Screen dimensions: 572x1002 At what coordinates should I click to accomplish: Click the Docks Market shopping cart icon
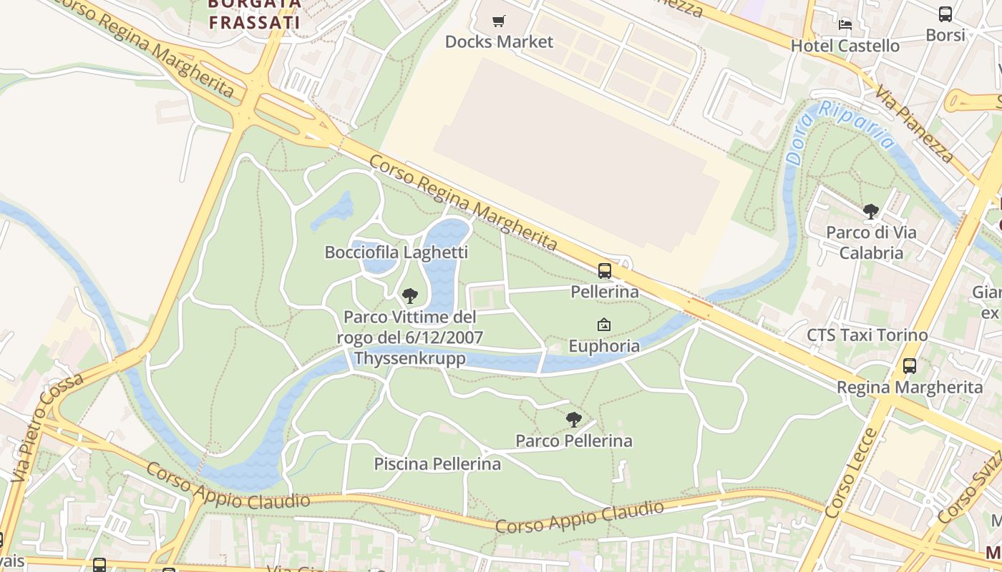(499, 21)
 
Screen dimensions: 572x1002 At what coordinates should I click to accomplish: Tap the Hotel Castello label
(845, 46)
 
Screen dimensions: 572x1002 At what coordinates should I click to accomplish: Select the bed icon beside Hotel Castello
(845, 24)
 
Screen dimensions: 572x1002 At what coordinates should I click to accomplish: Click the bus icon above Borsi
(945, 14)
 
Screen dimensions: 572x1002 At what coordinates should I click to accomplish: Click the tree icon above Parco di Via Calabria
(870, 211)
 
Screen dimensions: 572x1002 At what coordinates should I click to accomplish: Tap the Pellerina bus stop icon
(605, 270)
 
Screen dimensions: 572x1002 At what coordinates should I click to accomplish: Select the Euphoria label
(604, 346)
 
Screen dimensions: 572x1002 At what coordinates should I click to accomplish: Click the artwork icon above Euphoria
(603, 325)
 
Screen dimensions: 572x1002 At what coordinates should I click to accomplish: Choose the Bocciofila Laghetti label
(396, 252)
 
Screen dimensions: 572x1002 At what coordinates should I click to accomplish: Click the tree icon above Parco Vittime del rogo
(409, 295)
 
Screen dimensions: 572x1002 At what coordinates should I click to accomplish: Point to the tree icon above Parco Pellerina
(573, 420)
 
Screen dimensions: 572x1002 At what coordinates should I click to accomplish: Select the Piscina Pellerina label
(437, 464)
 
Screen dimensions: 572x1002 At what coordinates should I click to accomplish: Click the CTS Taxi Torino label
(867, 335)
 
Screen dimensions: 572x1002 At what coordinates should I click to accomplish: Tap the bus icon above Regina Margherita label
(909, 365)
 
